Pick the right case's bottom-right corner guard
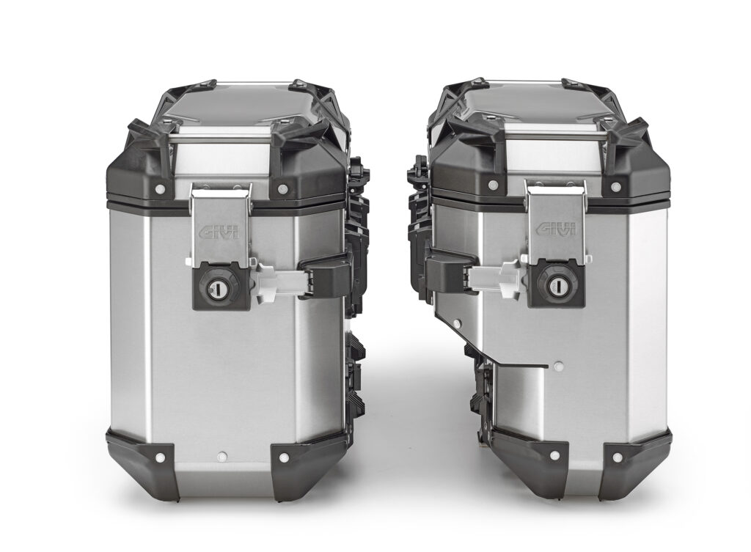tap(634, 462)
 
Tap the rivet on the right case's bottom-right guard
tap(618, 457)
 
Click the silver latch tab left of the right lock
tap(496, 276)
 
